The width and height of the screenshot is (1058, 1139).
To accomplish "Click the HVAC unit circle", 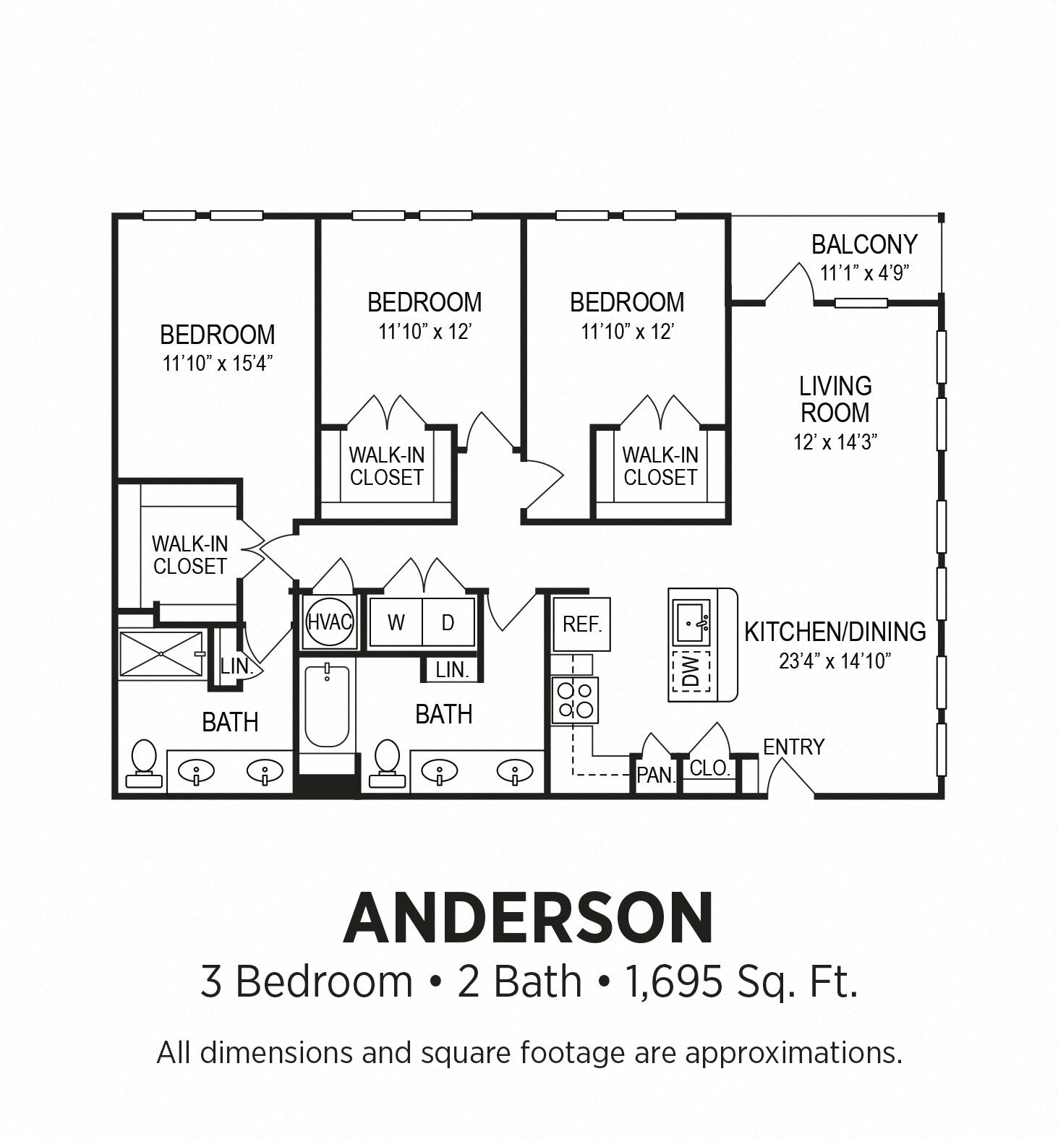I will coord(330,622).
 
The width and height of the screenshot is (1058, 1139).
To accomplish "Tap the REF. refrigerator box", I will coord(581,624).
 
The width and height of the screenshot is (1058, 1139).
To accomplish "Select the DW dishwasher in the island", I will coord(691,671).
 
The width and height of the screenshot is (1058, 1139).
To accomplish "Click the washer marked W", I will coord(396,622).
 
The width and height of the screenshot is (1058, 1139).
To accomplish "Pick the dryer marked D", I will coord(448,622).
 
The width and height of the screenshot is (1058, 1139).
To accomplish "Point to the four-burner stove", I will coord(575,700).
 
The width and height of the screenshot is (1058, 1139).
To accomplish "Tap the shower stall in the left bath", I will coord(161,654).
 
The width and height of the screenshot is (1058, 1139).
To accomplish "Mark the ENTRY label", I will coord(793,747).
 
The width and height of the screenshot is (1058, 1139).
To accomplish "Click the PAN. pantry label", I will coord(656,775).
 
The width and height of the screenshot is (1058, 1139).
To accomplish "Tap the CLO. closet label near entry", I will coord(709,768).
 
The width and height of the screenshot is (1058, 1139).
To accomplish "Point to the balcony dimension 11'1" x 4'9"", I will coord(863,273).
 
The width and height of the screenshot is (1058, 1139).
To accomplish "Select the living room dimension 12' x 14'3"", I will coord(835,442).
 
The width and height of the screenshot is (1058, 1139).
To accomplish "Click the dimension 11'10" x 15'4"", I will coord(217,364).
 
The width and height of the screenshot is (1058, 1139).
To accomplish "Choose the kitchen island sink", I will coord(691,622).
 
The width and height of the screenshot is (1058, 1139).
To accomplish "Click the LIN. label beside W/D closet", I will coord(452,670).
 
